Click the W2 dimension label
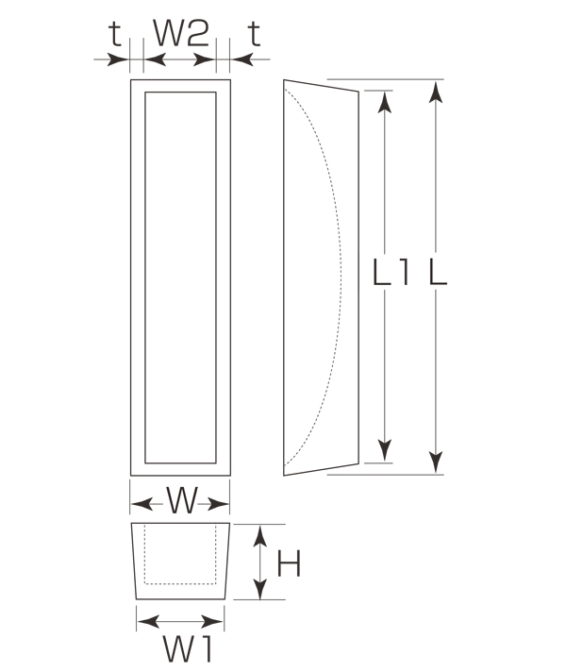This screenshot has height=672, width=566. (181, 33)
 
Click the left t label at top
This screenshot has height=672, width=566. (115, 33)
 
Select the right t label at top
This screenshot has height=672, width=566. (254, 33)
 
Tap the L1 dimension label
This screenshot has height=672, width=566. (391, 272)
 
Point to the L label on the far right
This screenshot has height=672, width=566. (438, 272)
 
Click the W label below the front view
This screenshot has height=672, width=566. (182, 500)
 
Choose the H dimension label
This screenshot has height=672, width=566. (289, 563)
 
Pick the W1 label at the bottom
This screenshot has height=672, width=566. (187, 648)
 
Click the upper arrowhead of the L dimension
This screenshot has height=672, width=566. (436, 92)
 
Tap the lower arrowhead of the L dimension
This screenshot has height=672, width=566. (436, 462)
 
